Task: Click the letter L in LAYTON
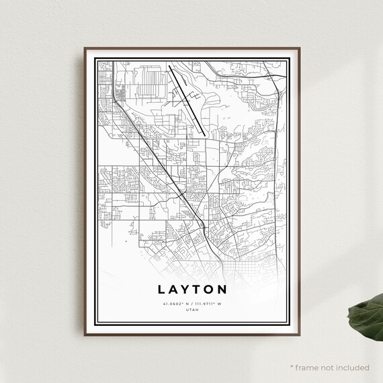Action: [162, 290]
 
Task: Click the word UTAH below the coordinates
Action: [191, 310]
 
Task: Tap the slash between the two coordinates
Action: [191, 304]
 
